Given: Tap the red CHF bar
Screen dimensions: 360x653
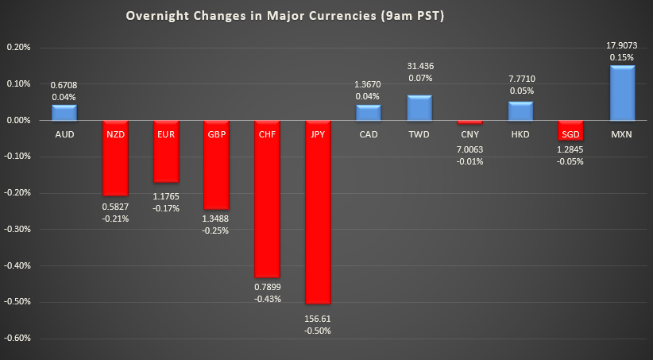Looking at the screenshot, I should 267,198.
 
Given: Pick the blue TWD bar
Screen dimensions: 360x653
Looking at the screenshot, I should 419,108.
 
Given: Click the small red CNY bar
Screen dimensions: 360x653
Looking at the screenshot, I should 469,122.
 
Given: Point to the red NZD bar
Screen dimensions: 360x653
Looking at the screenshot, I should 115,158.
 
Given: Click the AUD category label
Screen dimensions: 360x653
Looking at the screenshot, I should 64,134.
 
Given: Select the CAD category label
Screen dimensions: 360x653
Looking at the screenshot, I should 368,134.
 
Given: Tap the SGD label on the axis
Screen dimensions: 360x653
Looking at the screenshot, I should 571,134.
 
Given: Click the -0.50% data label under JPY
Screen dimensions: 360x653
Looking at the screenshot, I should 318,330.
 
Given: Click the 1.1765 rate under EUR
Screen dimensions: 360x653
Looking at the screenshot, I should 165,196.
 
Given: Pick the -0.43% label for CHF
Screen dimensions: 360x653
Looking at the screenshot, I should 267,299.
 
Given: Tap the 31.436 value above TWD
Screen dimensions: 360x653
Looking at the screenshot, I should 419,66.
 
